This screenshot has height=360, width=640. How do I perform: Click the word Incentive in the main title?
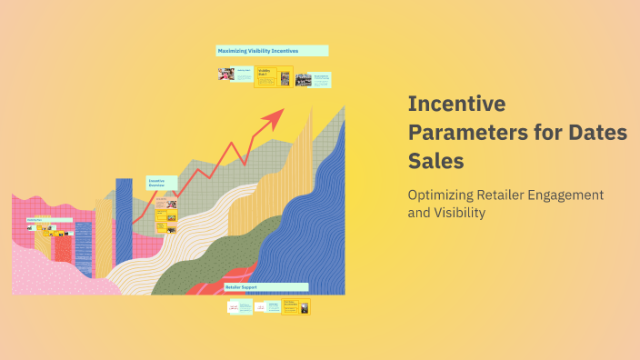tap(456, 105)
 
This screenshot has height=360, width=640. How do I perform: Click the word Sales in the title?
tap(436, 161)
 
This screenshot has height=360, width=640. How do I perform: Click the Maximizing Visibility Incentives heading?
tap(272, 51)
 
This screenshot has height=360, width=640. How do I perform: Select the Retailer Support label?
tap(241, 287)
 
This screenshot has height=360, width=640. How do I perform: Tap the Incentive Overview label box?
tap(162, 183)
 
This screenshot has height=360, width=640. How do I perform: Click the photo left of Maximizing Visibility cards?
tap(225, 74)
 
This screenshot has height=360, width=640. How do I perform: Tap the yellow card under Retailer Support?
tap(295, 307)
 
